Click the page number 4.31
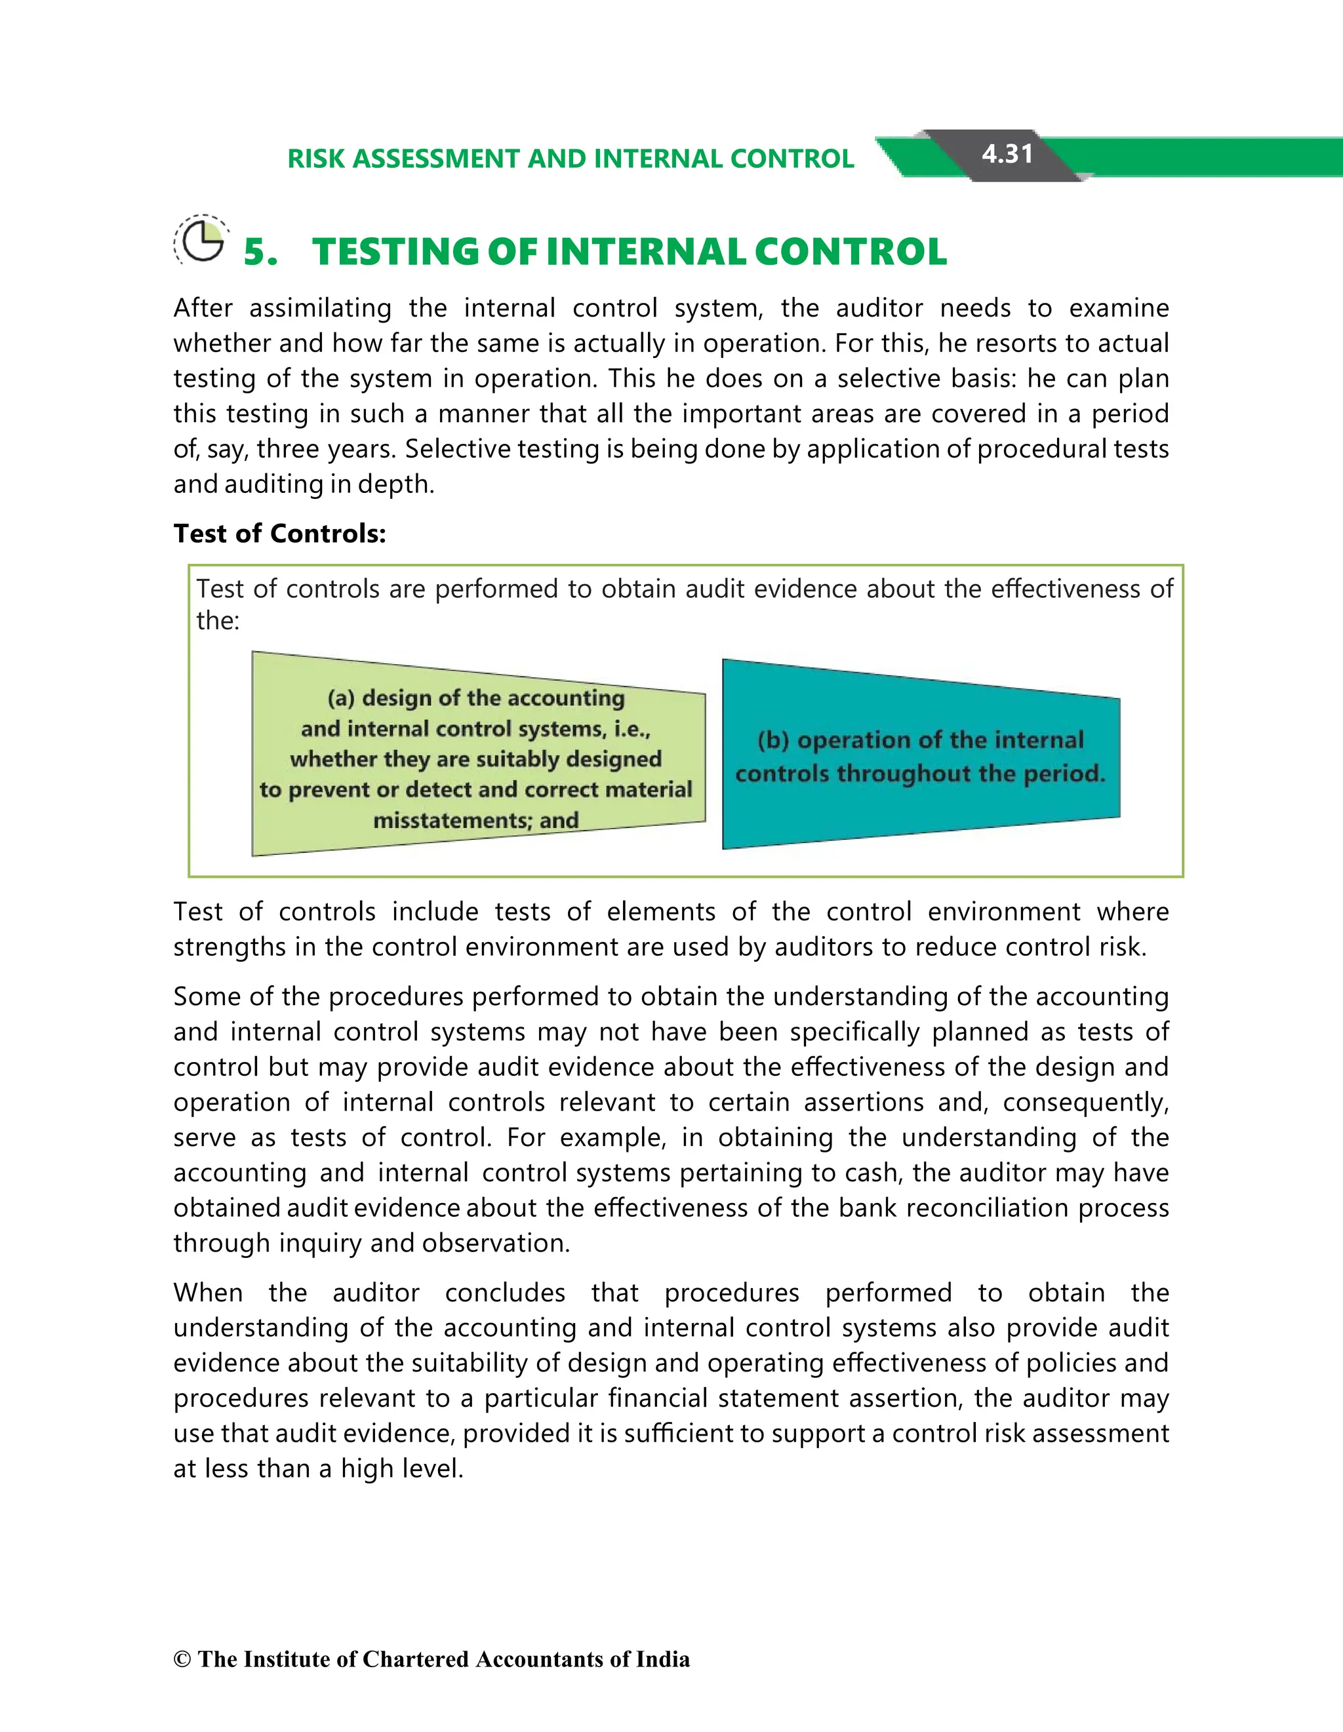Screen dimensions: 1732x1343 pos(1007,154)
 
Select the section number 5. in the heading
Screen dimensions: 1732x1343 pos(260,252)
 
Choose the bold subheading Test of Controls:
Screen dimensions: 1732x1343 pos(279,534)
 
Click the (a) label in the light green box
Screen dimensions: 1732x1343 pos(340,698)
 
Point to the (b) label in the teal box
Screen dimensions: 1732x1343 pos(773,740)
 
